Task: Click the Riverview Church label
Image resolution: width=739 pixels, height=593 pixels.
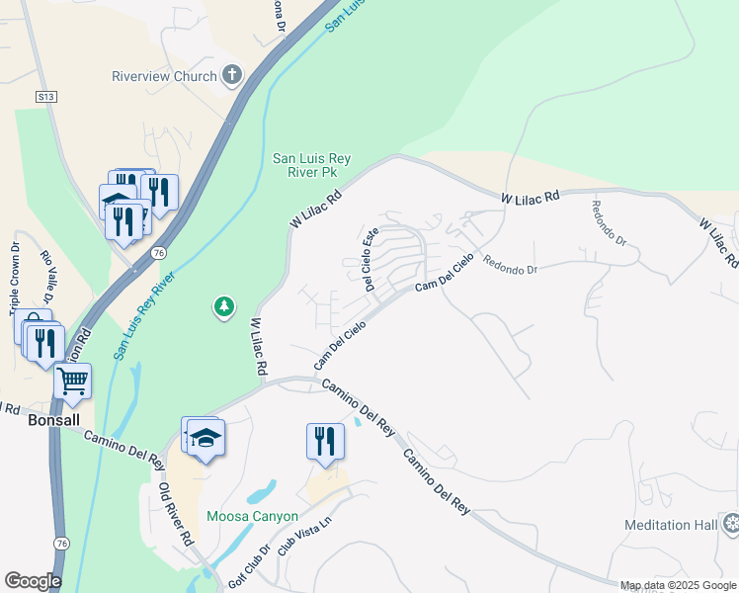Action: coord(164,76)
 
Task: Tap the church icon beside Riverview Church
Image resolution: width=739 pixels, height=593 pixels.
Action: coord(231,74)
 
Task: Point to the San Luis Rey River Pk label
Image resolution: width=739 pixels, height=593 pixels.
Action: coord(310,164)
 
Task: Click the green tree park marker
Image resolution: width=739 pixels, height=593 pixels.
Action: coord(224,307)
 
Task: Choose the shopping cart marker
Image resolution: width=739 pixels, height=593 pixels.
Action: coord(73,380)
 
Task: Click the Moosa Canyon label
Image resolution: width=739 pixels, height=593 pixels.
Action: coord(252,516)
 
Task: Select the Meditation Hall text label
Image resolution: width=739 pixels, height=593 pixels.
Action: coord(671,524)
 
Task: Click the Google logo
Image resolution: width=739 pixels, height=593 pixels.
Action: coord(33,581)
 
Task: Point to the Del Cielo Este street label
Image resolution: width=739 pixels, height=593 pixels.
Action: coord(371,260)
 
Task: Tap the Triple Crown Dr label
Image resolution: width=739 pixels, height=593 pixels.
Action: coord(15,279)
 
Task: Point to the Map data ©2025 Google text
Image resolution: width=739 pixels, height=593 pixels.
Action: coord(678,585)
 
